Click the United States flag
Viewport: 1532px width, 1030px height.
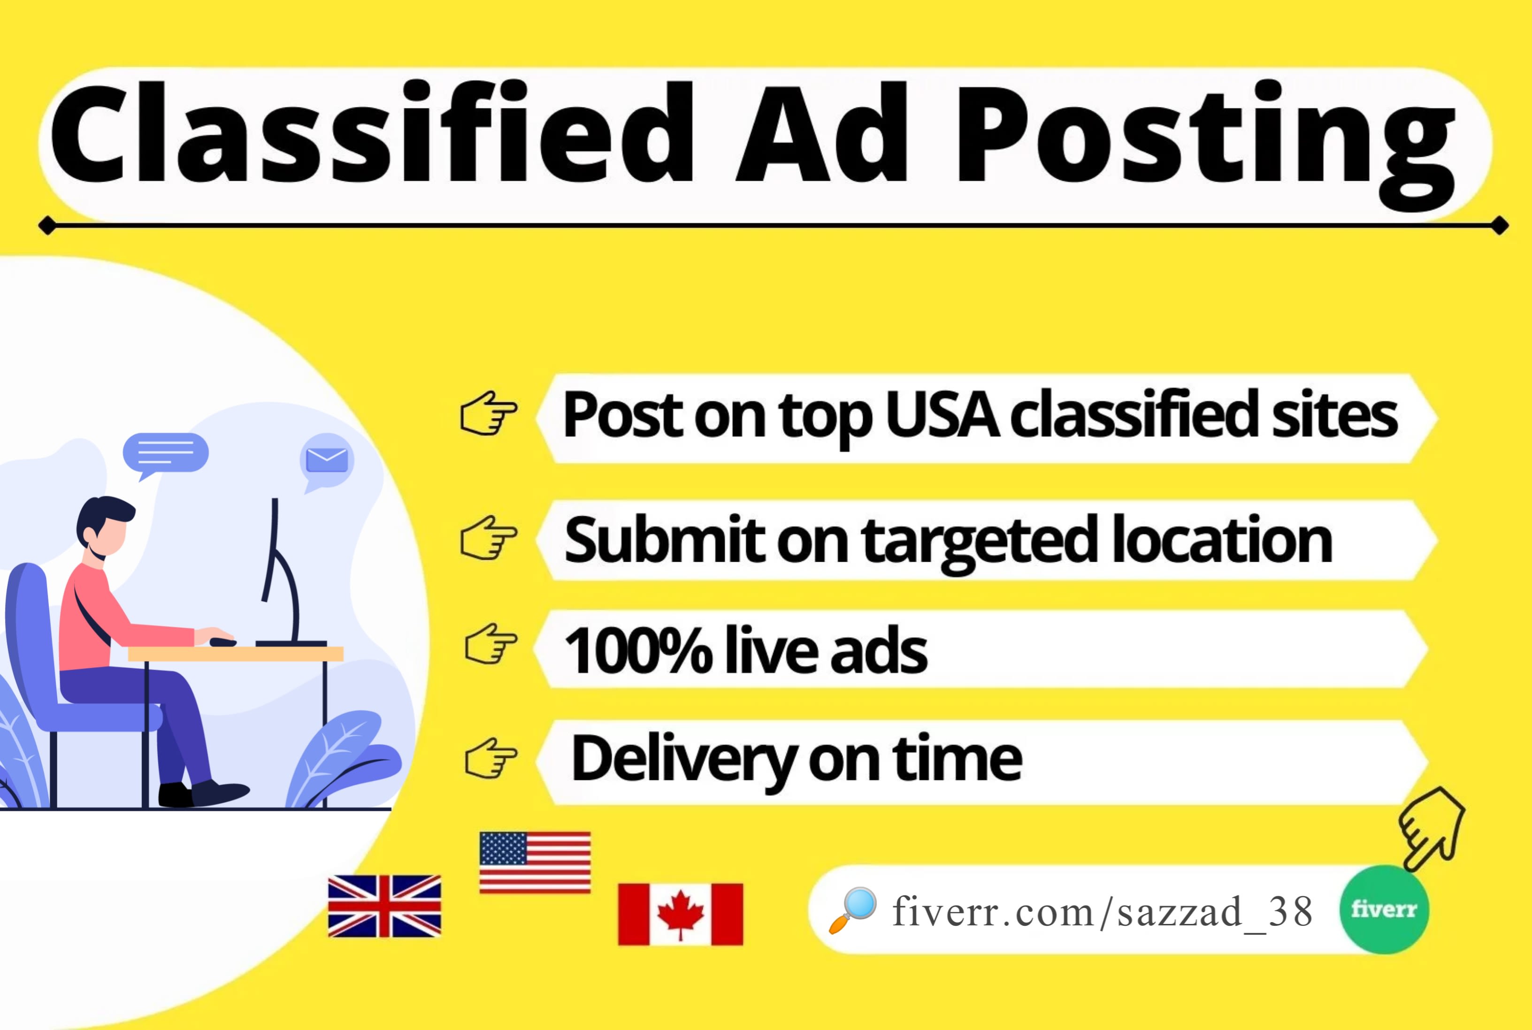click(535, 862)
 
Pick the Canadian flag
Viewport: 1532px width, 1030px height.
click(681, 915)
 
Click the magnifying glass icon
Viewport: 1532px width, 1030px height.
click(853, 910)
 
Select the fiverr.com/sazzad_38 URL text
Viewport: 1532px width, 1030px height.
click(1103, 912)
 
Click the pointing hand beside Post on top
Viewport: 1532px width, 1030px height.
click(489, 413)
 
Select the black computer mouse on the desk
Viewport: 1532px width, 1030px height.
click(222, 642)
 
